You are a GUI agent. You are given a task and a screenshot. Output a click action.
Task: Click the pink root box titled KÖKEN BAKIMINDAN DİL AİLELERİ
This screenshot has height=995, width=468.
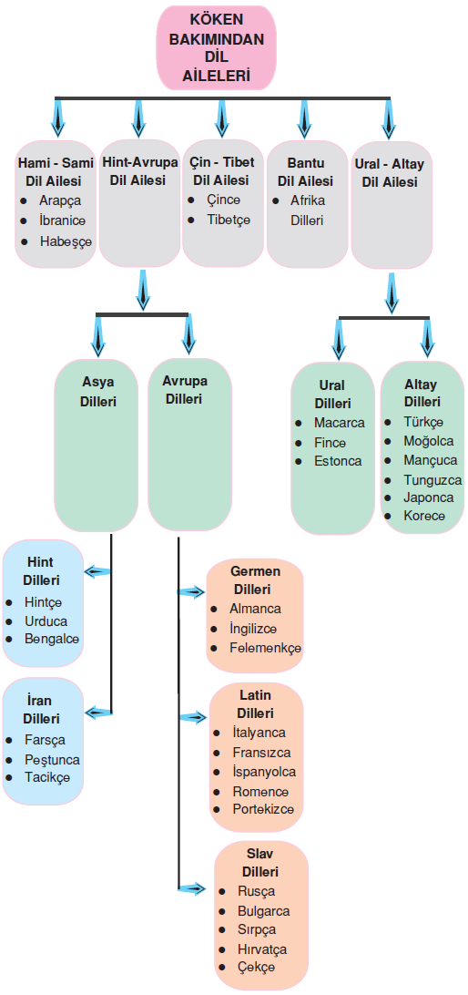pos(216,47)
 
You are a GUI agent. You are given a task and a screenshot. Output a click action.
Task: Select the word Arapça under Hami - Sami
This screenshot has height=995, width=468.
pos(60,200)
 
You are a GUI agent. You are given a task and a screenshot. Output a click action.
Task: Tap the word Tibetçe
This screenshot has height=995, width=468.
pos(229,221)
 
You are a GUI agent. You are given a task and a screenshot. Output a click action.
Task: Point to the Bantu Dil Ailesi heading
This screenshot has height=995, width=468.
pos(305,172)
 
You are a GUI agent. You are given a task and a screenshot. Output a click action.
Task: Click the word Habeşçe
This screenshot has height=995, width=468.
pos(66,241)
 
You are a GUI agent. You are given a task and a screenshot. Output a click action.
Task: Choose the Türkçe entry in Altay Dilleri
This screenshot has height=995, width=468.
pos(423,422)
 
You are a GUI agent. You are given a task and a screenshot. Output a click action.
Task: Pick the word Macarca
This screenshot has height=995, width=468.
pos(340,423)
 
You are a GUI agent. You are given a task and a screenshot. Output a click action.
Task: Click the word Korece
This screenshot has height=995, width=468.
pos(424,516)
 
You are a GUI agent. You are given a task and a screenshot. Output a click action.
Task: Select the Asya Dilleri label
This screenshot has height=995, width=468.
pos(98,392)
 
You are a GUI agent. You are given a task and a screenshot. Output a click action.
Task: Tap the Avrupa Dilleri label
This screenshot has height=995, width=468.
pos(185,390)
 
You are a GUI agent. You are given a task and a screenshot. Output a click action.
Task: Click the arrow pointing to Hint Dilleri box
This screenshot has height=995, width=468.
pos(97,571)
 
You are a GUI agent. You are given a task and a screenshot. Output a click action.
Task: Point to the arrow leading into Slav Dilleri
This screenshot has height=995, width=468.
pos(191,889)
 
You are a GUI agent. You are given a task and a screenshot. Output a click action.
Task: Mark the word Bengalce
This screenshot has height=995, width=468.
pos(52,639)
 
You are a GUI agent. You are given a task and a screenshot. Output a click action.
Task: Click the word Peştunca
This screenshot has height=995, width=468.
pos(53,760)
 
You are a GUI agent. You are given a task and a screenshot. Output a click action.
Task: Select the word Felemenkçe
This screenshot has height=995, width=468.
pos(265,649)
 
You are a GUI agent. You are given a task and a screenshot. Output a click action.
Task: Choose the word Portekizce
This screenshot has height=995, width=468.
pos(263,810)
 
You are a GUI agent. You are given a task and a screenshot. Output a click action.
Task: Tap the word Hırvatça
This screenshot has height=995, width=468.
pos(262,949)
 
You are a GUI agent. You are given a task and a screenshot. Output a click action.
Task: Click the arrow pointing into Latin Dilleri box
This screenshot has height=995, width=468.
pos(193,718)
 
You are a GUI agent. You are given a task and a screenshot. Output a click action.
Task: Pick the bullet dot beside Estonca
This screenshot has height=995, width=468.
pos(299,461)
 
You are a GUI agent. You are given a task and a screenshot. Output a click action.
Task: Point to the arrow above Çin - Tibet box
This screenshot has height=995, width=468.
pos(221,118)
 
